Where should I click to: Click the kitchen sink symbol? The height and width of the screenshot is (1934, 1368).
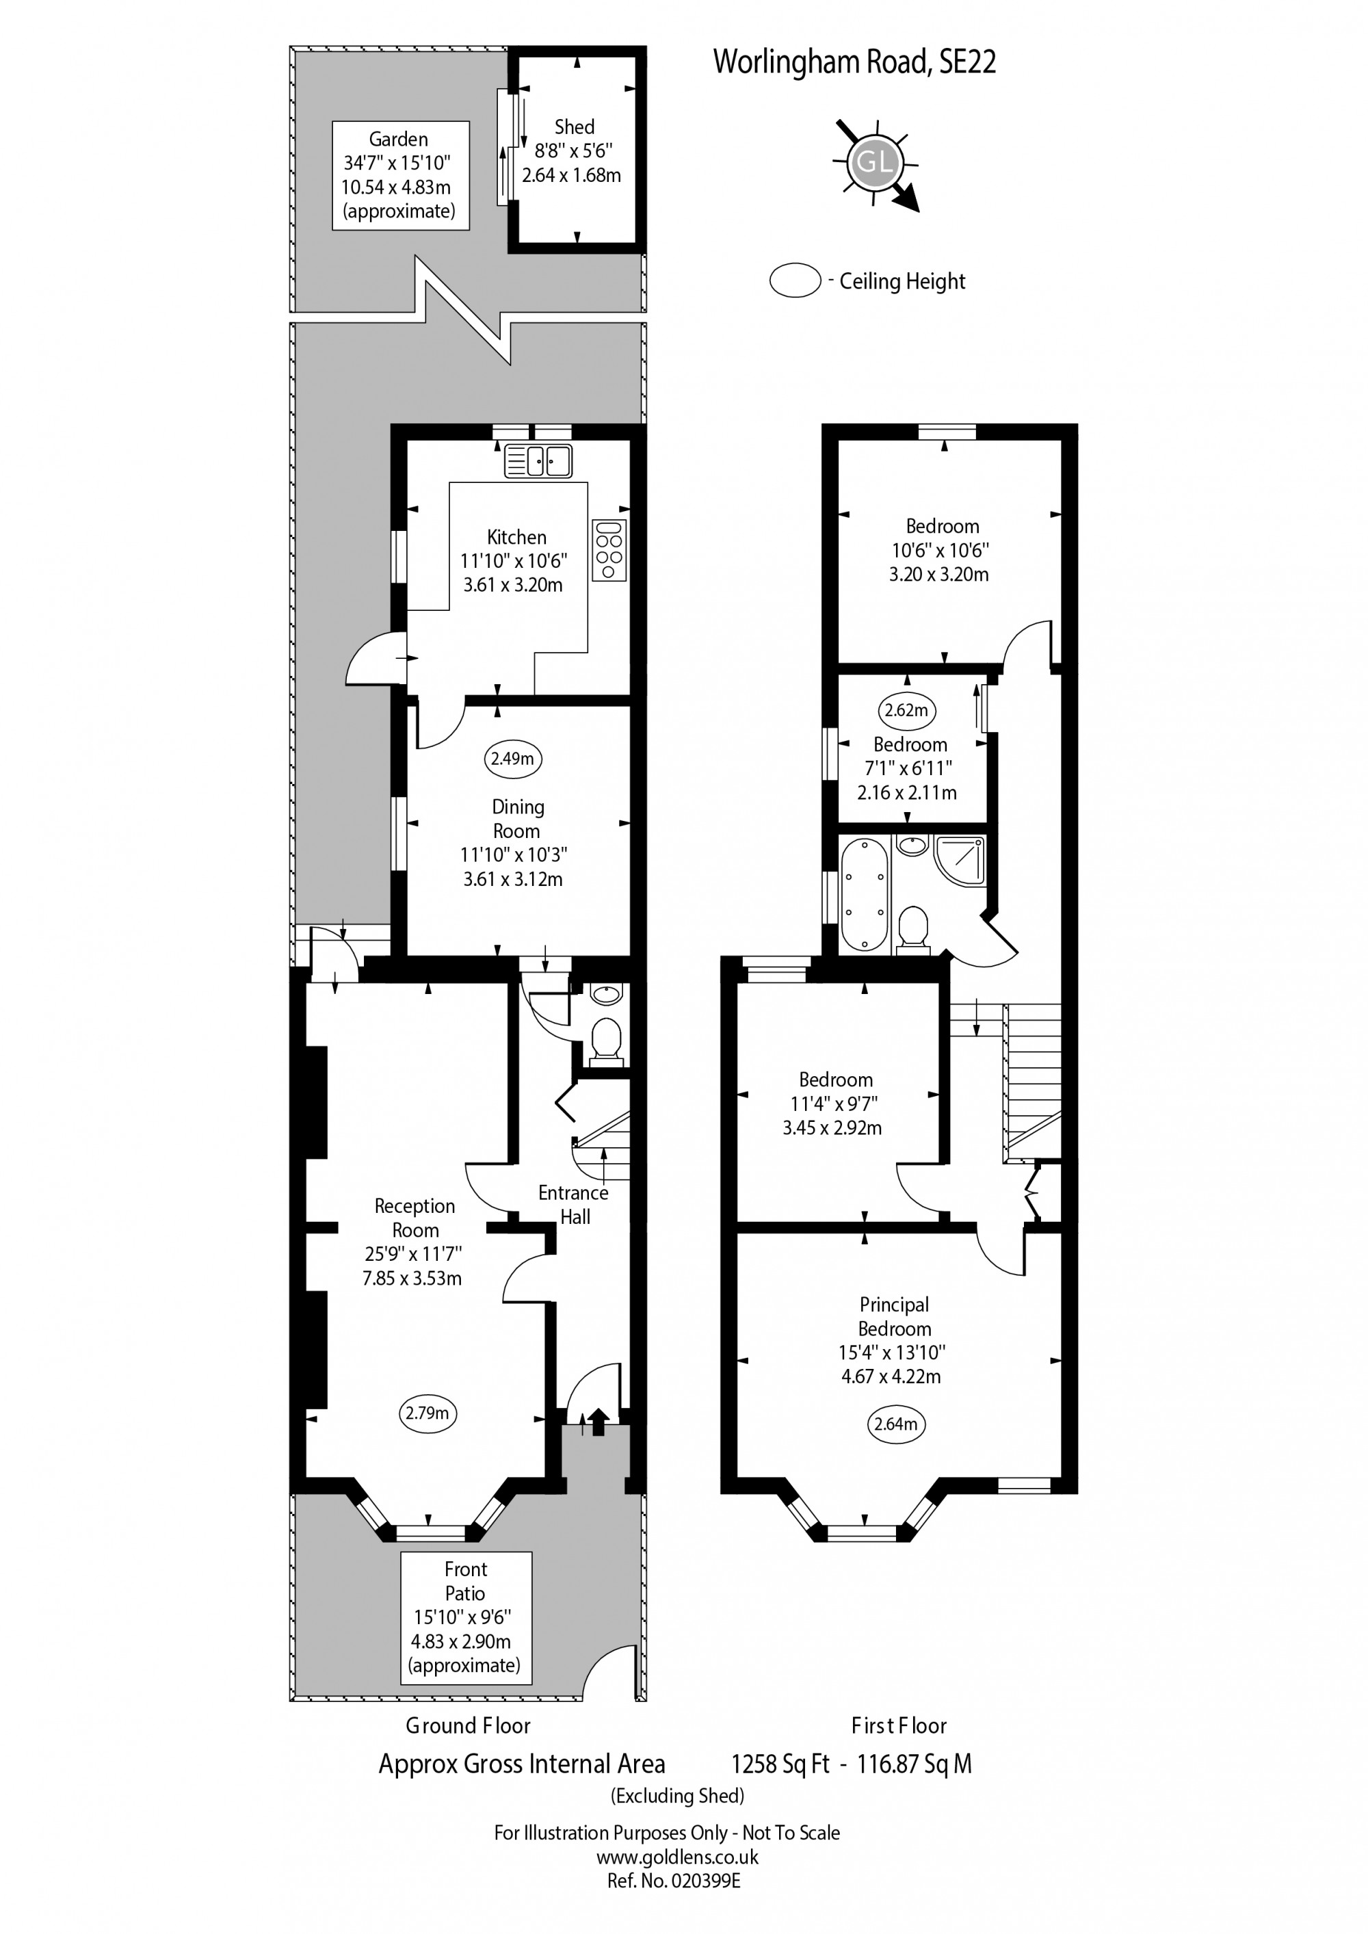[x=538, y=461]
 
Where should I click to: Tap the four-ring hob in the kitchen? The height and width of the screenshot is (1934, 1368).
[x=608, y=549]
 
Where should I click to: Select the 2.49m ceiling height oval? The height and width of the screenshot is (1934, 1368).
[x=513, y=758]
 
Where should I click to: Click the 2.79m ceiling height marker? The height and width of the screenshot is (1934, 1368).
[x=427, y=1413]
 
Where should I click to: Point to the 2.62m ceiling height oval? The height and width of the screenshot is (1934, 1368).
[x=906, y=710]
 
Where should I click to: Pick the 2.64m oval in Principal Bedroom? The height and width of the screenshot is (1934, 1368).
[x=895, y=1424]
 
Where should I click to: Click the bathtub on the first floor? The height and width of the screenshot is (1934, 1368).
[x=863, y=895]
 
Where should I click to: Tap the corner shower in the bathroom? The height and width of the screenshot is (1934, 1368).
[x=960, y=859]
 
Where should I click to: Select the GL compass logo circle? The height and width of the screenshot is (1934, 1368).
[x=874, y=163]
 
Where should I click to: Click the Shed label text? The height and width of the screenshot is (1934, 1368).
[x=574, y=127]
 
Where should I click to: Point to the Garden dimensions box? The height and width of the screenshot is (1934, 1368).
[x=400, y=175]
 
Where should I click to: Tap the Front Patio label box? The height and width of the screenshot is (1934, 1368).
[x=466, y=1617]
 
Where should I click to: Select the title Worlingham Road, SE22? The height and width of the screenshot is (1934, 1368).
[x=854, y=62]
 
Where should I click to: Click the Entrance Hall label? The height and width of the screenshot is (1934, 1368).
[x=574, y=1205]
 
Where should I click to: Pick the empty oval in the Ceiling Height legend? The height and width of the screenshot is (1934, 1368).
[x=794, y=280]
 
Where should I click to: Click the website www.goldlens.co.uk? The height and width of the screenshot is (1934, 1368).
[x=676, y=1857]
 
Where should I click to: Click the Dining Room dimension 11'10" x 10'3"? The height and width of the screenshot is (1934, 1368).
[x=513, y=854]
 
